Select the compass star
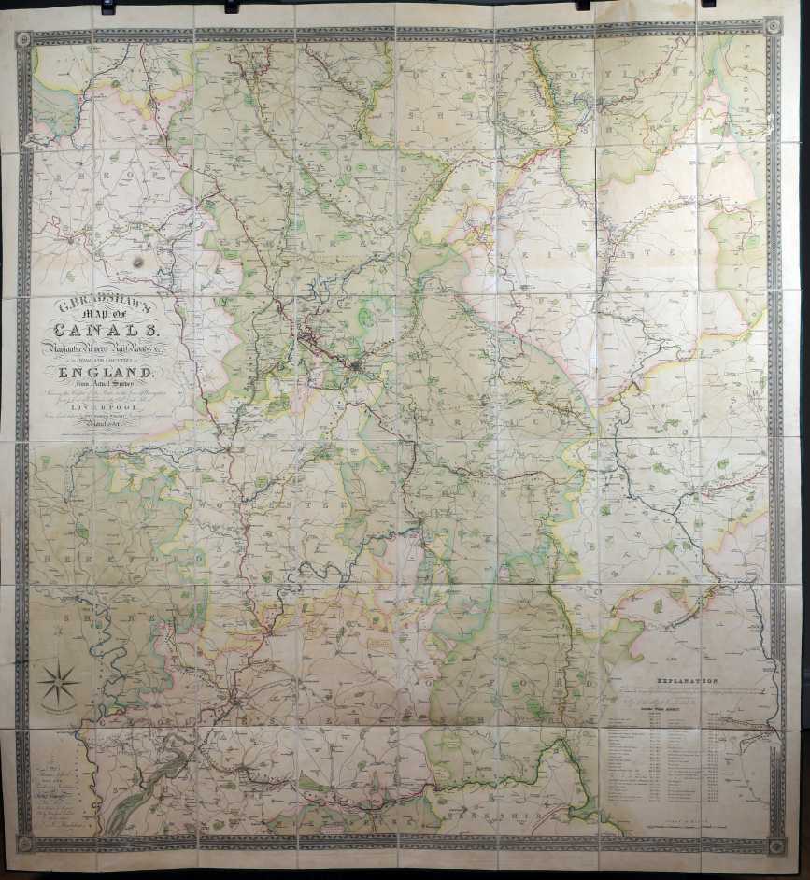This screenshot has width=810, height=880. (x=58, y=683)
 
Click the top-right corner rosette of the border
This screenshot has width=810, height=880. (x=774, y=26)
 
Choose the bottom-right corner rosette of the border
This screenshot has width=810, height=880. (x=774, y=847)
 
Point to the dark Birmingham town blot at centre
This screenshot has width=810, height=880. (x=356, y=368)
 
